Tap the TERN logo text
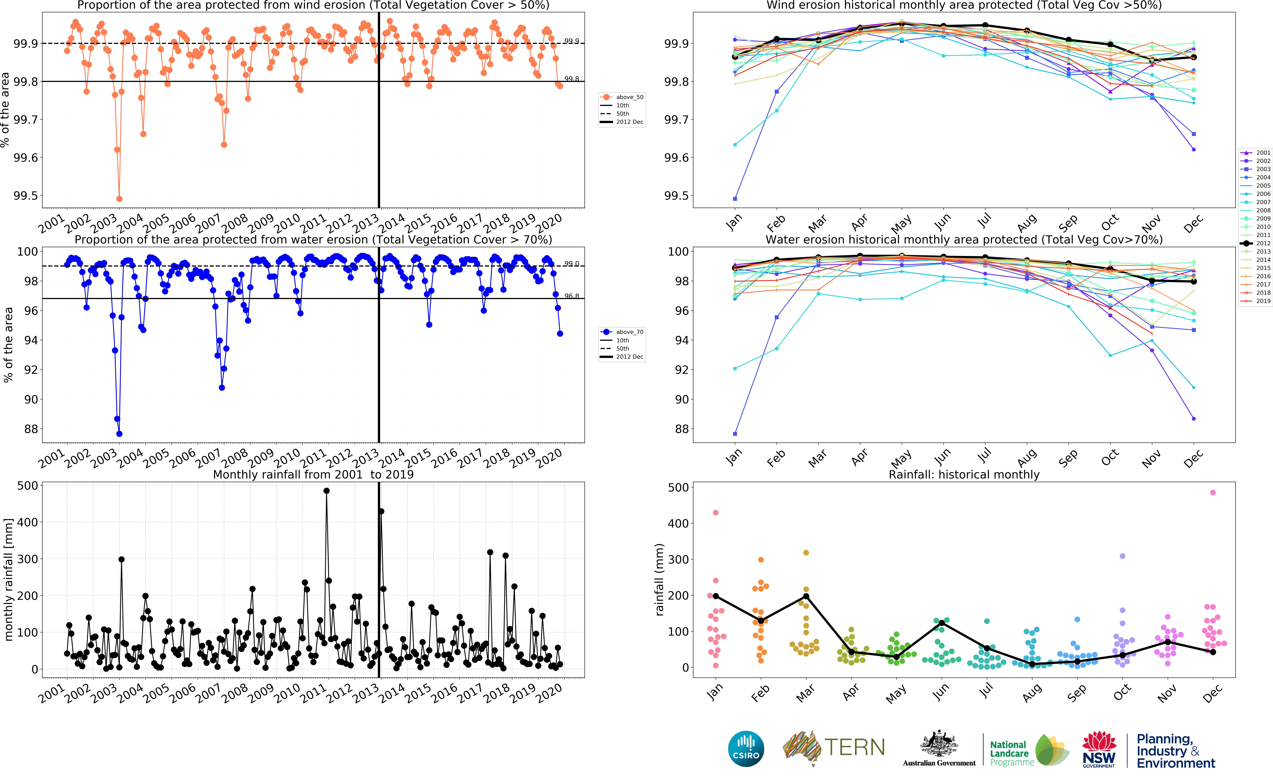854,747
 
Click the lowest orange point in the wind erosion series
119,199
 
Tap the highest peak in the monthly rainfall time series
326,491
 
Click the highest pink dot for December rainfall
1213,492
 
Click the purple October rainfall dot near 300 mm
1123,556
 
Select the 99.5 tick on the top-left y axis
26,196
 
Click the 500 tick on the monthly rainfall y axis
27,486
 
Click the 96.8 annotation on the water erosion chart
571,296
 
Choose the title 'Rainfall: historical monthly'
964,474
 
